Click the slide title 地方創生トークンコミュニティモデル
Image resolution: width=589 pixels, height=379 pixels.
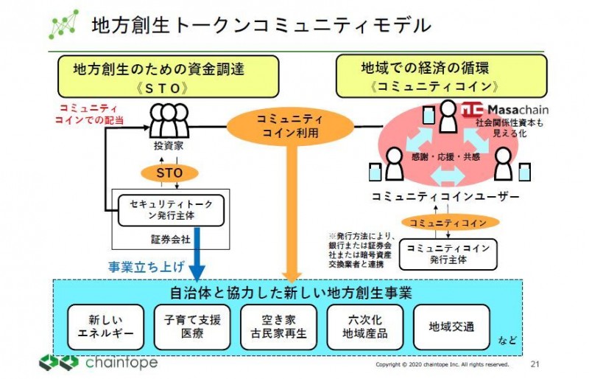(261, 25)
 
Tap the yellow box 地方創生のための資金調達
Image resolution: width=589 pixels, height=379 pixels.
(169, 77)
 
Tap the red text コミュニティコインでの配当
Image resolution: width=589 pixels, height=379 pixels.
(89, 113)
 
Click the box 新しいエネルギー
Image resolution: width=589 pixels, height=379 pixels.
(110, 327)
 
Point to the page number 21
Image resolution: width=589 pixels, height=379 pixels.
(535, 364)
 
